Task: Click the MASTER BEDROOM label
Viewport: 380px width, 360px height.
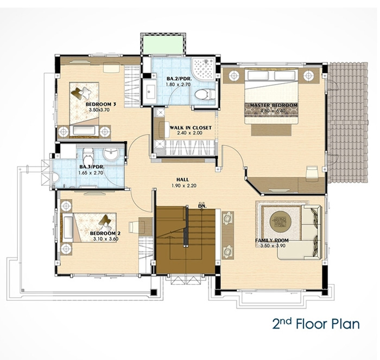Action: point(274,105)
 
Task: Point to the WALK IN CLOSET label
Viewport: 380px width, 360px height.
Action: point(191,127)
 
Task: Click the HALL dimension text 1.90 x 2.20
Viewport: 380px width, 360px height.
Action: point(184,185)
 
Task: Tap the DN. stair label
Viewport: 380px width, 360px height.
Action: point(202,206)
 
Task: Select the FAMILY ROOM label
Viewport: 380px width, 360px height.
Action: point(272,240)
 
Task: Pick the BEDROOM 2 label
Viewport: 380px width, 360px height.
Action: point(105,233)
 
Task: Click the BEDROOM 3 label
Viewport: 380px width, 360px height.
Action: point(101,104)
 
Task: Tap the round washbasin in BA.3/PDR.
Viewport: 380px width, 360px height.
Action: point(111,154)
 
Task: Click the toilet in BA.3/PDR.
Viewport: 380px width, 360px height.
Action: point(88,156)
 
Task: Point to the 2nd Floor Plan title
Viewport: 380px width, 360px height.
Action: point(316,324)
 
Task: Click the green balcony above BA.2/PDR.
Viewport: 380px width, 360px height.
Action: point(164,44)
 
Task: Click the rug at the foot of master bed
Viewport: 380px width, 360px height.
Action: point(271,130)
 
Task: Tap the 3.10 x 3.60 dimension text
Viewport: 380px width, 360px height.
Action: point(106,239)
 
